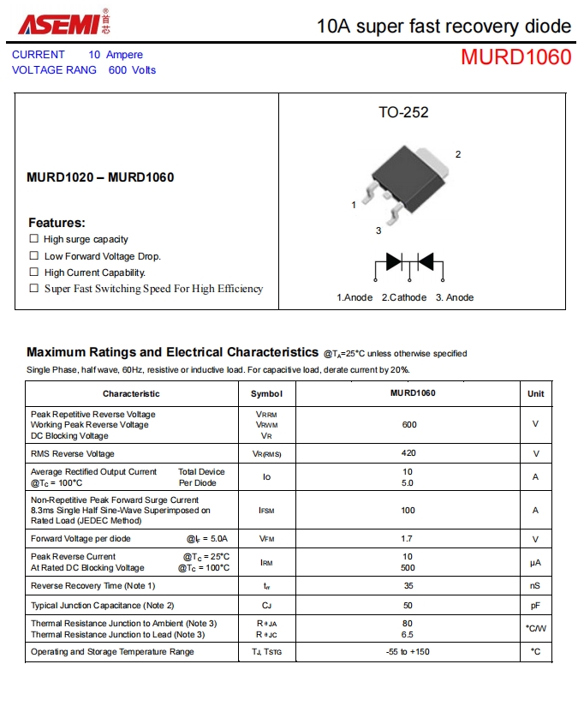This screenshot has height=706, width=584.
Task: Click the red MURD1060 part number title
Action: tap(515, 57)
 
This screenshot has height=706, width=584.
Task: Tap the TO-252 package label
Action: tap(403, 112)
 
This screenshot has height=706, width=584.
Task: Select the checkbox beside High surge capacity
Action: tap(34, 239)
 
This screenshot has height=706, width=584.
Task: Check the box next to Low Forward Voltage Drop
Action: tap(34, 255)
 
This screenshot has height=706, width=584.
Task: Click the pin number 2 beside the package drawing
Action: tap(458, 154)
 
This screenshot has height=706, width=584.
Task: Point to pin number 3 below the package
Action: tap(378, 230)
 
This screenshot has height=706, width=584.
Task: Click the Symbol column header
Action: tap(266, 393)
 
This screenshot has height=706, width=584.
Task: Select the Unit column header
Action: tap(535, 393)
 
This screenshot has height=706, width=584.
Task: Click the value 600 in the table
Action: tap(408, 424)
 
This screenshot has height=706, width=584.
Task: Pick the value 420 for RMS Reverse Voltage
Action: tap(408, 453)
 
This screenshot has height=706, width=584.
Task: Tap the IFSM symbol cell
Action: tap(266, 510)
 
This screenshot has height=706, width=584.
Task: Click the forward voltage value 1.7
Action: tap(408, 539)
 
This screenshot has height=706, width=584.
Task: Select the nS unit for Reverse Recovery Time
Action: tap(535, 585)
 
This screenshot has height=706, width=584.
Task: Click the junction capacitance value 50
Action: tap(408, 606)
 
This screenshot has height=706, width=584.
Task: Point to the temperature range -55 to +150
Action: tap(408, 652)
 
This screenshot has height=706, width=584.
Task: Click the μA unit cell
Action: tap(535, 562)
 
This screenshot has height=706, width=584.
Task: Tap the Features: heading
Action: tap(57, 222)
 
